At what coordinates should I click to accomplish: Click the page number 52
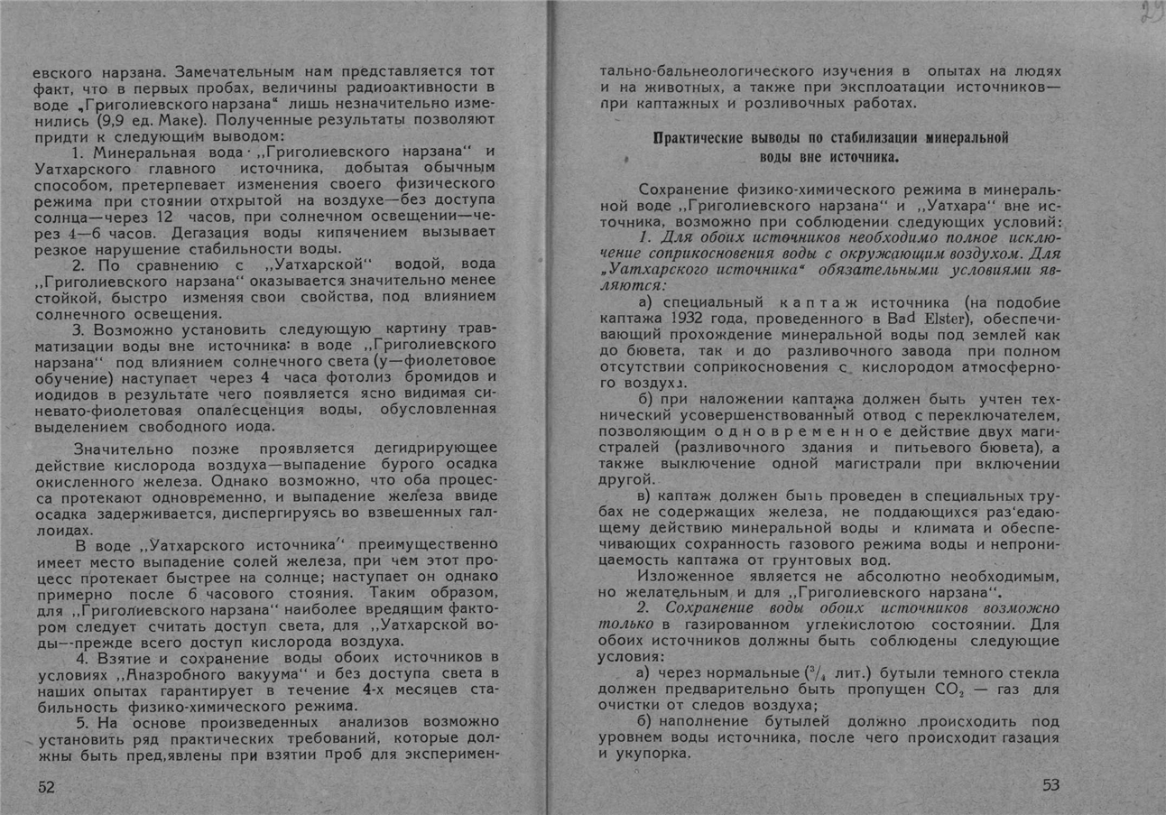[46, 786]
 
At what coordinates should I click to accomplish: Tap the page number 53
[1050, 784]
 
